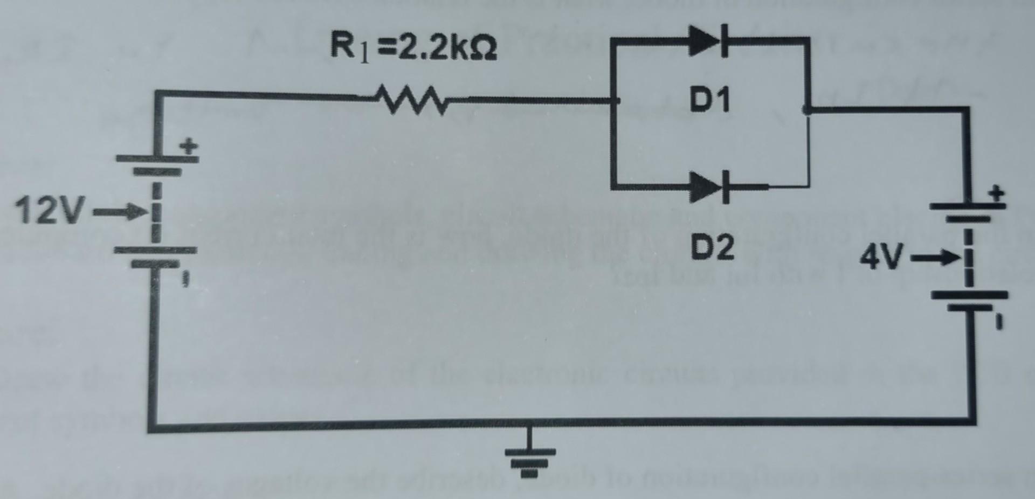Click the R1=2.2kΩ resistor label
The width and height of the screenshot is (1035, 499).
(x=413, y=47)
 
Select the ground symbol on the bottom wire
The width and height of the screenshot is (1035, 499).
(x=529, y=458)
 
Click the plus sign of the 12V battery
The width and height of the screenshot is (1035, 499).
(x=189, y=146)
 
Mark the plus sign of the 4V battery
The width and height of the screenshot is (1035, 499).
(x=997, y=193)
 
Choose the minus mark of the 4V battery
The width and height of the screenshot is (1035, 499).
(x=999, y=322)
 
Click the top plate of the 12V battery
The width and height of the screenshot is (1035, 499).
(x=157, y=158)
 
